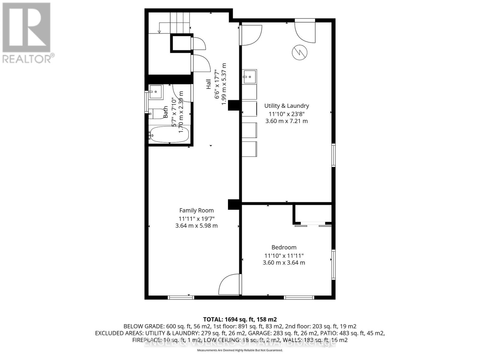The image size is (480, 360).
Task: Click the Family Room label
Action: click(196, 211)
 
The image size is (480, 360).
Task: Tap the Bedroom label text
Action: click(284, 247)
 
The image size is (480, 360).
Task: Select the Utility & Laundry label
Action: click(286, 106)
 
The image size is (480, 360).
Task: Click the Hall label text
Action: click(208, 84)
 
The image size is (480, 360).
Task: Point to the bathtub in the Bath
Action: click(169, 134)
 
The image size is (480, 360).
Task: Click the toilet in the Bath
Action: click(156, 113)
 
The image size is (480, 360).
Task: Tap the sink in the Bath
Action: click(156, 91)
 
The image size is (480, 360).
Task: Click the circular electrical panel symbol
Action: click(300, 53)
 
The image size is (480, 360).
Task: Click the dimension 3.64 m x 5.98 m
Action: click(196, 226)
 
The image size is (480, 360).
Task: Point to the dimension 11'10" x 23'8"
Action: click(286, 114)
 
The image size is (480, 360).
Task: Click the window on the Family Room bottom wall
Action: click(181, 298)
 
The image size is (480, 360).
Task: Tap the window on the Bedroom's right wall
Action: click(333, 265)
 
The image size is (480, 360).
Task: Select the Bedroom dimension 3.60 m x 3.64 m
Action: click(284, 262)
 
